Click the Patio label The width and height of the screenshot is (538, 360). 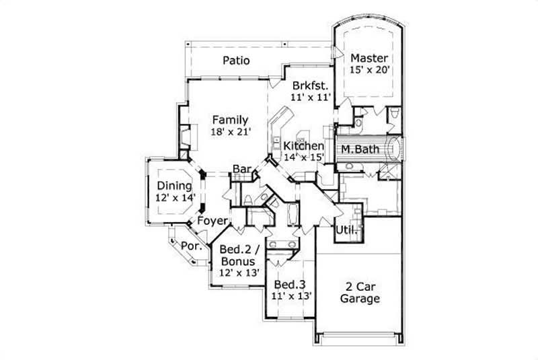pos(236,61)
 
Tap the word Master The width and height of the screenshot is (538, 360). pos(369,57)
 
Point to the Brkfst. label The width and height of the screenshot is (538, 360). pos(310,85)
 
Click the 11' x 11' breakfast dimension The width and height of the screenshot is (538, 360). pos(310,98)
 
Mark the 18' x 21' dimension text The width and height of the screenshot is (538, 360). pos(231,132)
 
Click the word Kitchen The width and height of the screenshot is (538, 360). pos(303,146)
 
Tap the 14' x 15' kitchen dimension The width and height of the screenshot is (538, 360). pos(303,157)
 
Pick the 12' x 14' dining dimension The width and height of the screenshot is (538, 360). pos(175,198)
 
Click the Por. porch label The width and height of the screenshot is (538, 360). pos(192,246)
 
